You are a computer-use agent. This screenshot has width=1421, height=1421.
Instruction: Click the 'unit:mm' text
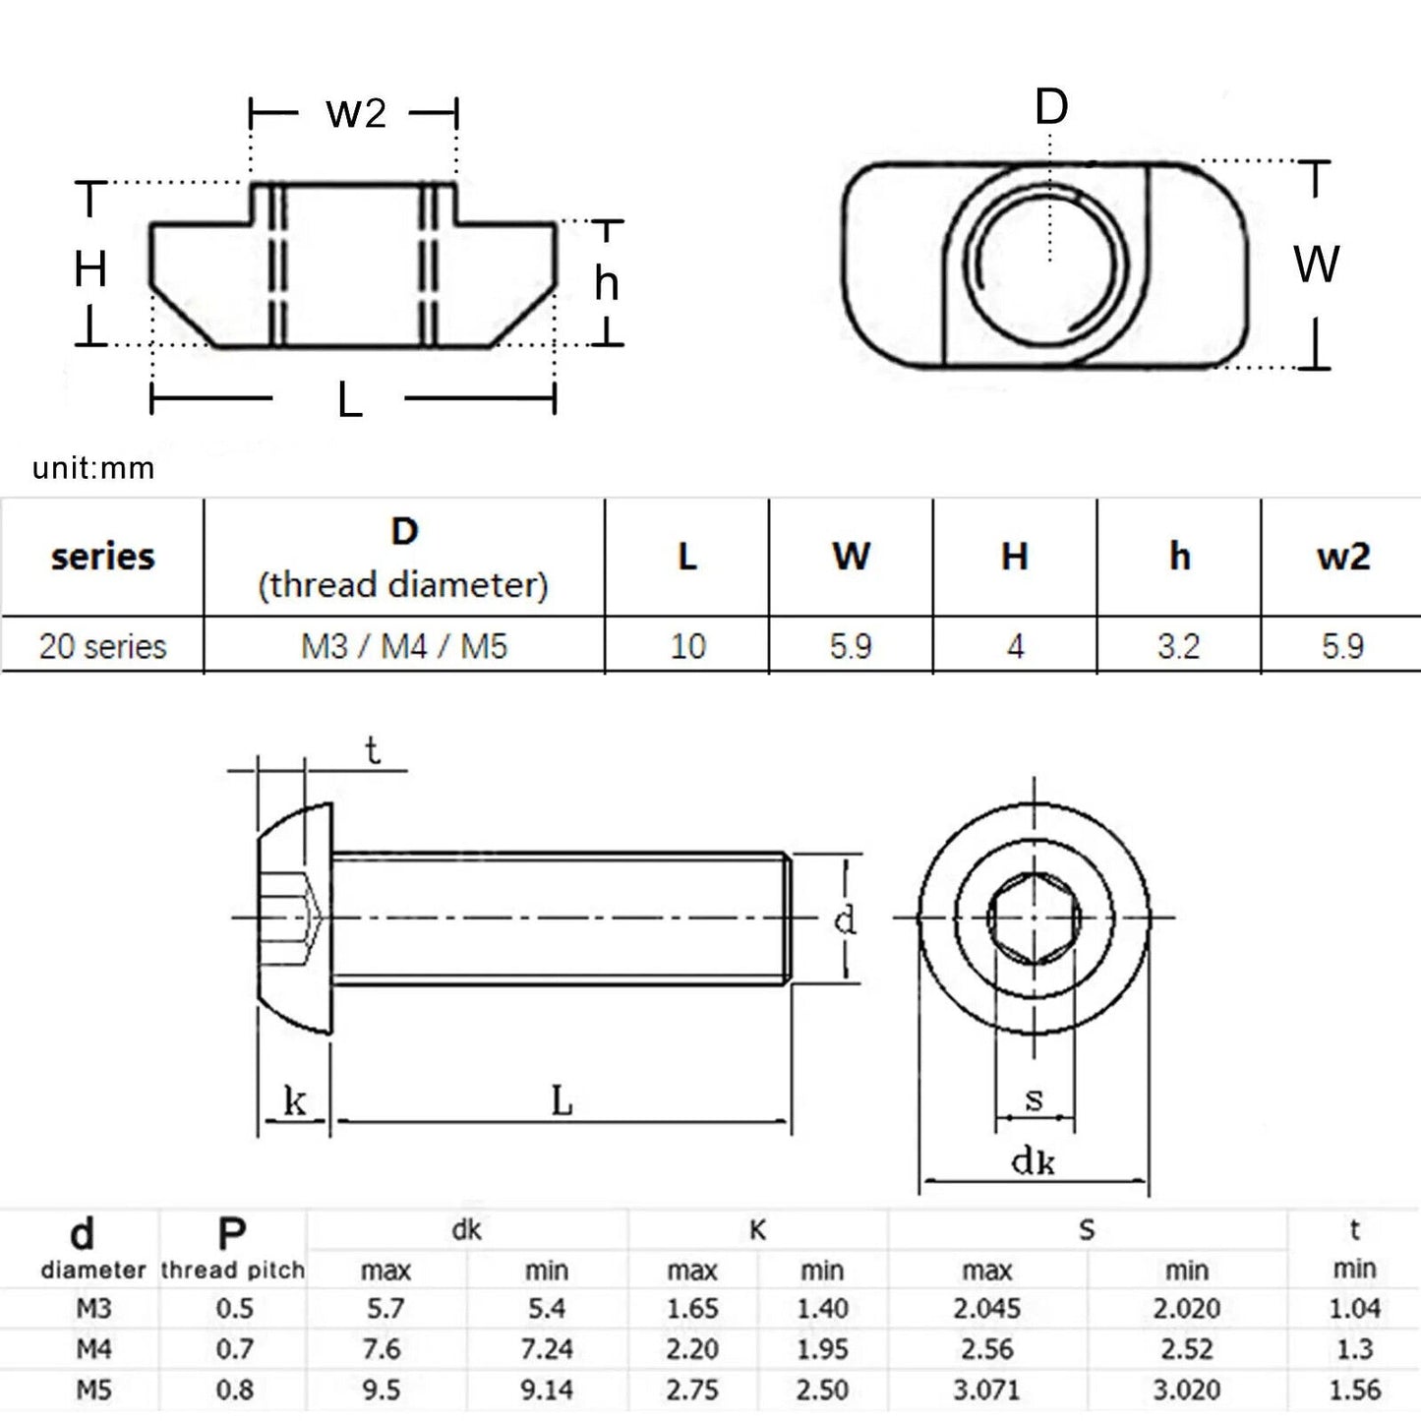pyautogui.click(x=93, y=468)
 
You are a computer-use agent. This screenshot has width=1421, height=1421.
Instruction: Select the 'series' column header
pyautogui.click(x=102, y=557)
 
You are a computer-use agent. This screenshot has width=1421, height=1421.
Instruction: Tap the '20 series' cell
pyautogui.click(x=102, y=646)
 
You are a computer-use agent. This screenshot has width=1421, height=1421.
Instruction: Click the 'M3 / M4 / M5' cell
pyautogui.click(x=404, y=646)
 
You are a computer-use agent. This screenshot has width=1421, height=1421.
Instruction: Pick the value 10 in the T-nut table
pyautogui.click(x=687, y=646)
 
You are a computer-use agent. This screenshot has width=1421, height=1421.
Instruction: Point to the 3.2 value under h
pyautogui.click(x=1178, y=646)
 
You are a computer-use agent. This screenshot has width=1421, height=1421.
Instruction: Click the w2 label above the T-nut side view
pyautogui.click(x=355, y=113)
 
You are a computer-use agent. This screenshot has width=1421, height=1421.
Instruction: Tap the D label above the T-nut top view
pyautogui.click(x=1050, y=106)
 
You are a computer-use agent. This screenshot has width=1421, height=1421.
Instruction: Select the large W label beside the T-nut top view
pyautogui.click(x=1316, y=264)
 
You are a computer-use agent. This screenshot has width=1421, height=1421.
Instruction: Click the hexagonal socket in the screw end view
pyautogui.click(x=1034, y=918)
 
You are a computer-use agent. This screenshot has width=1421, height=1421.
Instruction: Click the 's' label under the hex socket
pyautogui.click(x=1034, y=1098)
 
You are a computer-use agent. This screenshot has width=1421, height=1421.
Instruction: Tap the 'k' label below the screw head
pyautogui.click(x=294, y=1101)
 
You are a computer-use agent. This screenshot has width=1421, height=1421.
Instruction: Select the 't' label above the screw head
pyautogui.click(x=372, y=750)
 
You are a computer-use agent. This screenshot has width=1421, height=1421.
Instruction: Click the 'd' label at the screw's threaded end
pyautogui.click(x=844, y=920)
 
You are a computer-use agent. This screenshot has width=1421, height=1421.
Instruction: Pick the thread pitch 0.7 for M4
pyautogui.click(x=234, y=1349)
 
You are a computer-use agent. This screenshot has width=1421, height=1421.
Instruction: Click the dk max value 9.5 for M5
pyautogui.click(x=382, y=1390)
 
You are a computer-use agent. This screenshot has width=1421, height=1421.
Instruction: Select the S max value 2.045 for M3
pyautogui.click(x=986, y=1309)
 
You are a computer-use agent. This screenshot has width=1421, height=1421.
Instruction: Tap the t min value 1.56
pyautogui.click(x=1354, y=1390)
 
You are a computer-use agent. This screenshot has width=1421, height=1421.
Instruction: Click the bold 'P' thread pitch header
pyautogui.click(x=232, y=1233)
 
